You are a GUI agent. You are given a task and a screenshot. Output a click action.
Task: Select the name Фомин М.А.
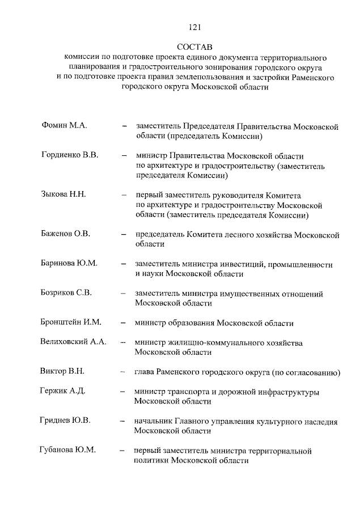click(64, 126)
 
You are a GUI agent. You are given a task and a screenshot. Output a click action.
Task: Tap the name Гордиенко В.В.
click(70, 156)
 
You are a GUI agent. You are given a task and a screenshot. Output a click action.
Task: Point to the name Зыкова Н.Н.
click(64, 195)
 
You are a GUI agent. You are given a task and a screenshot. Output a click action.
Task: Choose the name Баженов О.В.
click(66, 234)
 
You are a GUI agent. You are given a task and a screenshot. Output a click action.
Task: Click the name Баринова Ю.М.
click(69, 264)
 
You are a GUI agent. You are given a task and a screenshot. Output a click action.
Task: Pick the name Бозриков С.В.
click(67, 294)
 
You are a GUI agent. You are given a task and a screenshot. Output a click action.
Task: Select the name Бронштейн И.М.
click(71, 323)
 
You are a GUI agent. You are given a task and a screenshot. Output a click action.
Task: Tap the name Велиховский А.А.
click(74, 342)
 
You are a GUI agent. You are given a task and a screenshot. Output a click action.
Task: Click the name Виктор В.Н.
click(62, 372)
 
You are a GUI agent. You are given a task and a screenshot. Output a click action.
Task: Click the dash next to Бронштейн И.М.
click(123, 323)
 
